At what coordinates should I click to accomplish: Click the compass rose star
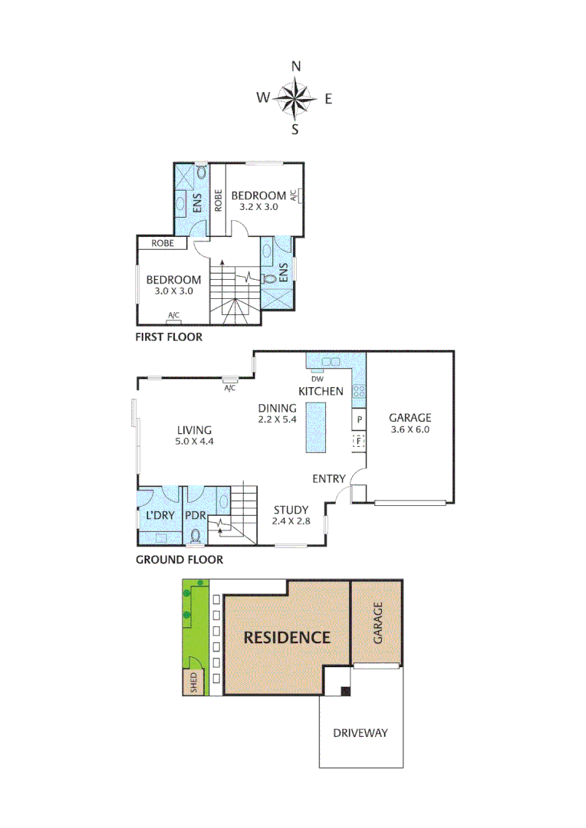tap(295, 98)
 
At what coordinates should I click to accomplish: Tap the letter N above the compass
tap(296, 67)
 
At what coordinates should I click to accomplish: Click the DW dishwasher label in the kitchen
tap(317, 379)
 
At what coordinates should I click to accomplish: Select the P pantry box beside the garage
tap(358, 419)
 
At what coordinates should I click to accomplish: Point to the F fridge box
tap(358, 441)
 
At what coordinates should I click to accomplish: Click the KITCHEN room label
tap(321, 391)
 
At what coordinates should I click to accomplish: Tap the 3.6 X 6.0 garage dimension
tap(410, 430)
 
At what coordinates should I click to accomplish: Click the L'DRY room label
tap(159, 515)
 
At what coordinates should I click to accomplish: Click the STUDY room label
tap(291, 510)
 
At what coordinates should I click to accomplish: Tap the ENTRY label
tap(328, 479)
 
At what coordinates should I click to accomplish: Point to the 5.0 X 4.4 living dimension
tap(194, 442)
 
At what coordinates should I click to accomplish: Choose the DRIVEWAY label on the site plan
tap(360, 733)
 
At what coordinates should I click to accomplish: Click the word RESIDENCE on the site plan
tap(287, 637)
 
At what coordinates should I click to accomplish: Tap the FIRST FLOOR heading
tap(169, 337)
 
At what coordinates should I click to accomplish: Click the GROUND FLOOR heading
tap(179, 560)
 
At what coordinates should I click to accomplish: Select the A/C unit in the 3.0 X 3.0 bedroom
tap(173, 316)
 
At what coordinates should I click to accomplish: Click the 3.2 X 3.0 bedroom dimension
tap(258, 206)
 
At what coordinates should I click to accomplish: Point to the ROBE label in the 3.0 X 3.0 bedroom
tap(162, 243)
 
